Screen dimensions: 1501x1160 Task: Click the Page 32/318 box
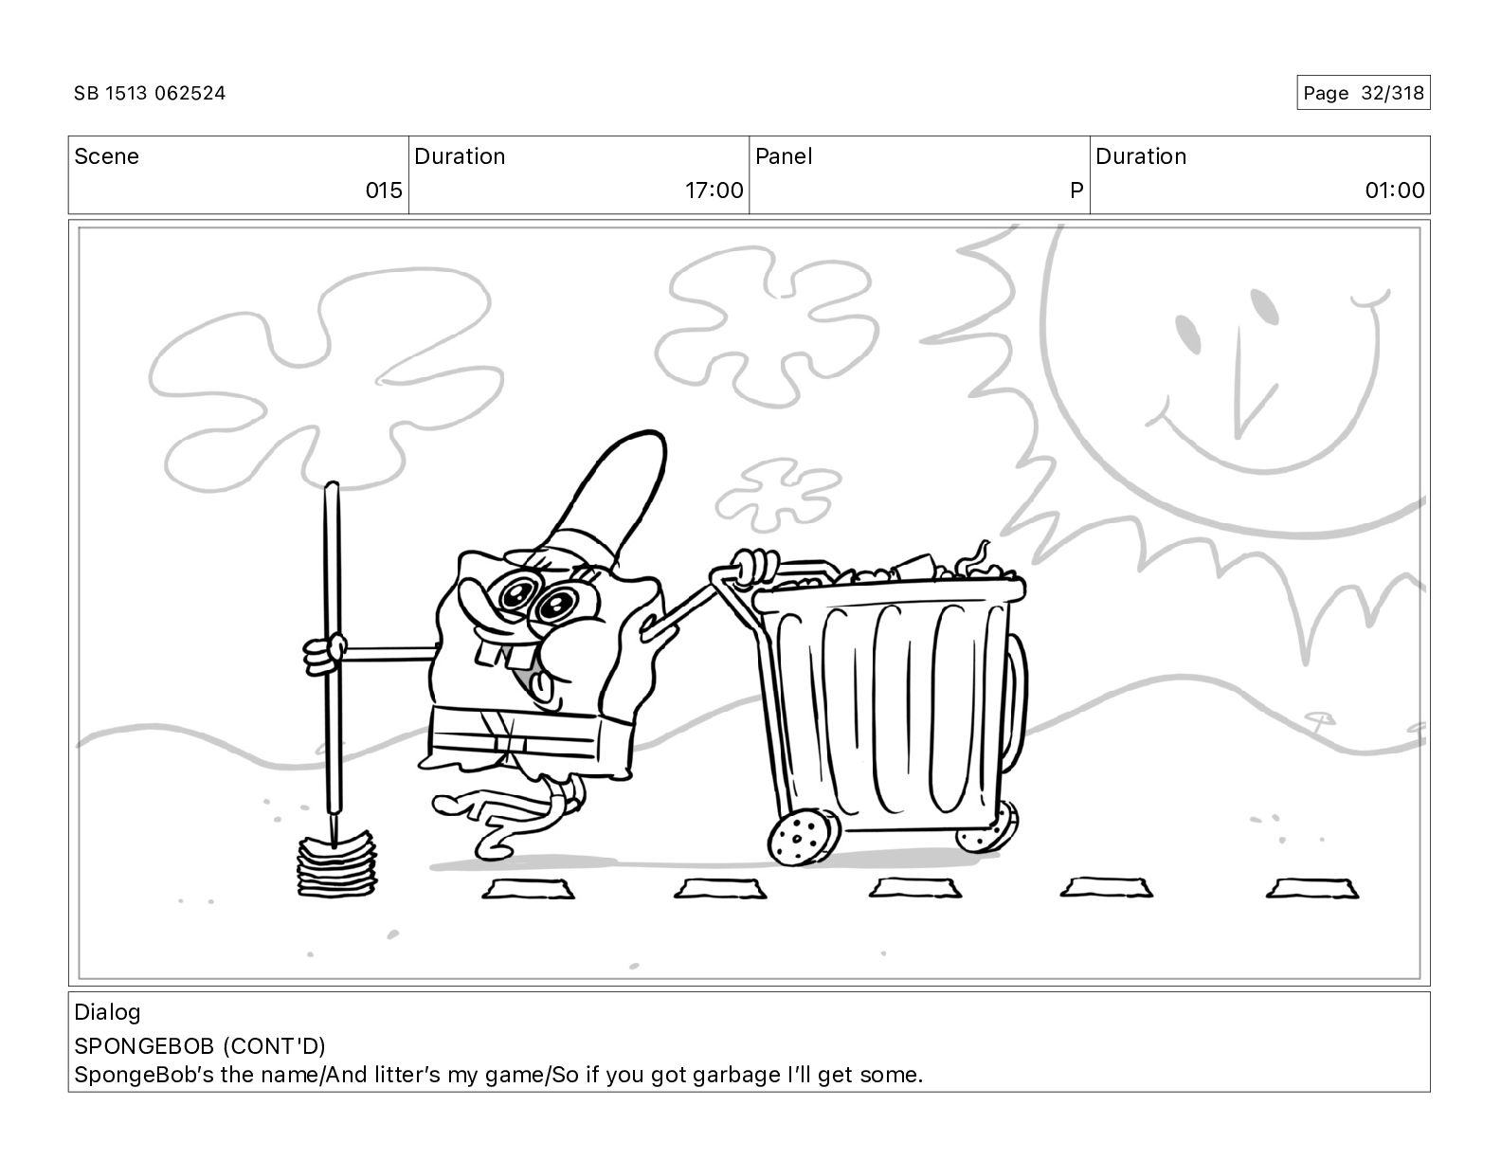(x=1363, y=93)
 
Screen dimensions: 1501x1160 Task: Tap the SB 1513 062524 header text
(x=150, y=93)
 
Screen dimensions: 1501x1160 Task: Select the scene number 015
(x=384, y=190)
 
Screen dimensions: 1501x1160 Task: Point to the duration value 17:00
(x=714, y=190)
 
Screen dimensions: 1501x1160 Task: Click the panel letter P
(x=1076, y=190)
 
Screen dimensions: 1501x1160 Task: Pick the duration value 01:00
(x=1395, y=190)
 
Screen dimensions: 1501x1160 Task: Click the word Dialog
(x=107, y=1012)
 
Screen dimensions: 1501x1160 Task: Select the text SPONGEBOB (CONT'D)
(x=200, y=1046)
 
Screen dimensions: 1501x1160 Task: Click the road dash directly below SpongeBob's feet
(x=529, y=889)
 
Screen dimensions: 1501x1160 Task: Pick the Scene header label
(x=106, y=156)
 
